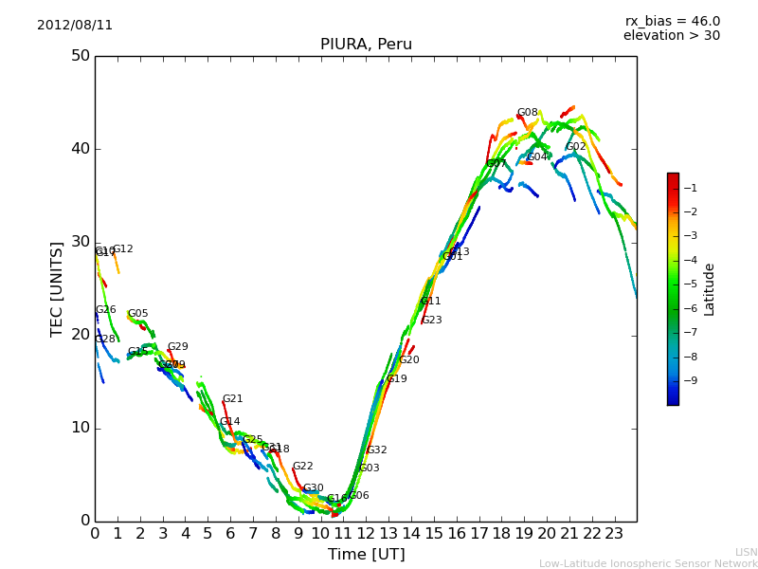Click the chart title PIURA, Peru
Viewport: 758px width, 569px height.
tap(366, 45)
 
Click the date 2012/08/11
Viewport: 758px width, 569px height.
tap(75, 25)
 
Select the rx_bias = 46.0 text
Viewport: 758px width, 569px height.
tap(672, 21)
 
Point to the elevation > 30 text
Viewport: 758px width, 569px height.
tap(671, 36)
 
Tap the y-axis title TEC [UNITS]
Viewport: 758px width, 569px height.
tap(57, 288)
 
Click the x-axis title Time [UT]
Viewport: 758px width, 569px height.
tap(366, 555)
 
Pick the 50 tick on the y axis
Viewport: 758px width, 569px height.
tap(80, 56)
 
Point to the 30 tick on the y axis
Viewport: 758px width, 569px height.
tap(80, 242)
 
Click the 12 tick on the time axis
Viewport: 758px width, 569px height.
tap(366, 534)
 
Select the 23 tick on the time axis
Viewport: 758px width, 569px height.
tap(614, 534)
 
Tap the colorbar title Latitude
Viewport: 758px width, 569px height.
tap(710, 288)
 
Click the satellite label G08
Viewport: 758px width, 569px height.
tap(527, 113)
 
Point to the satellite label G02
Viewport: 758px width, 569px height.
tap(576, 147)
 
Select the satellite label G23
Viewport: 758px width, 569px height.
tap(431, 321)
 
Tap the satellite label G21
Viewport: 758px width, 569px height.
tap(232, 399)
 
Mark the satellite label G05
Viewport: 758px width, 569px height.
tap(137, 314)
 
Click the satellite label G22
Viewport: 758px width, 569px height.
tap(302, 467)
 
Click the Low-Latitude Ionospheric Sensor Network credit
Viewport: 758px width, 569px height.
tap(648, 563)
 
